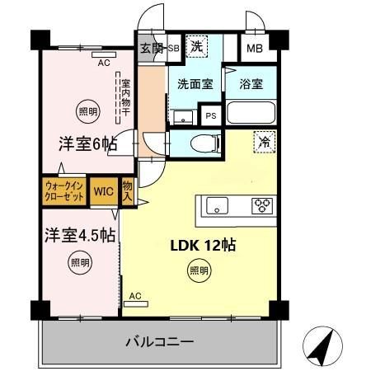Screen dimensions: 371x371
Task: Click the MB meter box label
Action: click(x=256, y=48)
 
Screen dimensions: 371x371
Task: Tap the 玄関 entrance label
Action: click(x=151, y=48)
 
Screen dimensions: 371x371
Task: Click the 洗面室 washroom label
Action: click(x=195, y=83)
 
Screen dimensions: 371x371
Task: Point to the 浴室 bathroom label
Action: click(x=251, y=83)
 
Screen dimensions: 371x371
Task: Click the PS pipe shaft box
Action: click(x=212, y=116)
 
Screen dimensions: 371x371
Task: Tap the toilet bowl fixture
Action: click(x=202, y=143)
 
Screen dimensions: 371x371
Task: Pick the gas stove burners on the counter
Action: click(x=262, y=205)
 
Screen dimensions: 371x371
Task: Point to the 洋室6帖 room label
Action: click(x=87, y=143)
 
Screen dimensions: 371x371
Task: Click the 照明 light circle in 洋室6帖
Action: click(x=87, y=110)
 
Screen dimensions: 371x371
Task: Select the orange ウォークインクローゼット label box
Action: click(x=63, y=191)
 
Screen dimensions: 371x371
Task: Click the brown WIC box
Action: click(x=103, y=191)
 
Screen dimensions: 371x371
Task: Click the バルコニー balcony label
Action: click(x=160, y=340)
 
